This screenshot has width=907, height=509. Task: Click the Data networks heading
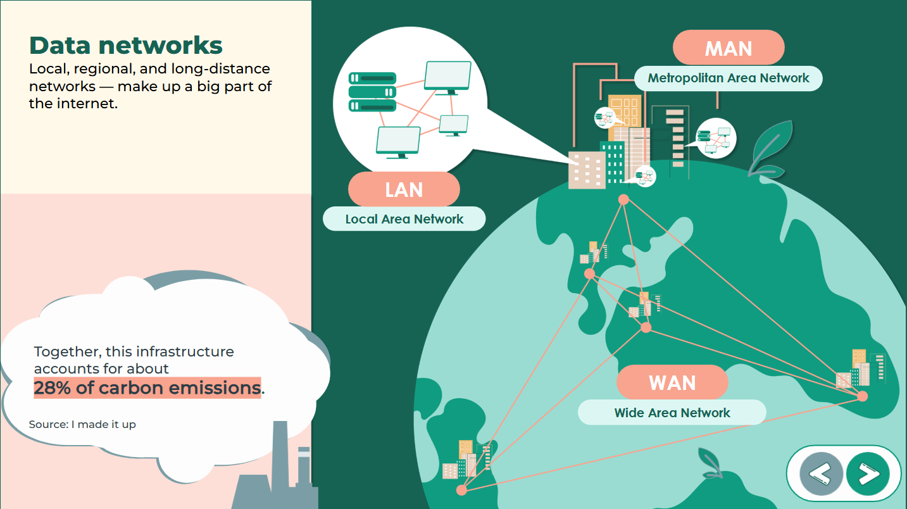pos(126,46)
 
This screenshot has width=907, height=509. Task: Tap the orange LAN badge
pos(404,189)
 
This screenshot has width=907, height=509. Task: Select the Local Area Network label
pos(404,219)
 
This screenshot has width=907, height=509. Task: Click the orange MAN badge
pos(728,48)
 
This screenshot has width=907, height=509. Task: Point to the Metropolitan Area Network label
pos(728,79)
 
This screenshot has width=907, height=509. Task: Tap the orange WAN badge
pos(672,382)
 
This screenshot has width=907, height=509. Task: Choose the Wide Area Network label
pos(672,413)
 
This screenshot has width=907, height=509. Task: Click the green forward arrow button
pos(868,473)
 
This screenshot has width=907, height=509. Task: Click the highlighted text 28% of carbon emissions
pos(147,387)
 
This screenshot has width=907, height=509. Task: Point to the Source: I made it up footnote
pos(82,424)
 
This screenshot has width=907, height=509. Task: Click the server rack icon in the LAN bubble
pos(372,92)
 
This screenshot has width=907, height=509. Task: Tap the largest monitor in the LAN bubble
pos(448,76)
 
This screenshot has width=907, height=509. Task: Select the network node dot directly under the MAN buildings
pos(623,199)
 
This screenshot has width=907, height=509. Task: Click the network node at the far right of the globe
pos(862,396)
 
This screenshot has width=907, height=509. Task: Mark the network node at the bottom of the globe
pos(461,490)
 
